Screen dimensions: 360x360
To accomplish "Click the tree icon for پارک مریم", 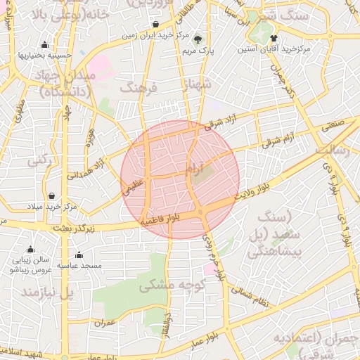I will pyautogui.click(x=198, y=39).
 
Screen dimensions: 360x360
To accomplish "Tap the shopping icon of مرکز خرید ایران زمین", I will pyautogui.click(x=155, y=24).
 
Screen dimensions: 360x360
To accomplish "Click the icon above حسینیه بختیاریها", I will pyautogui.click(x=45, y=44).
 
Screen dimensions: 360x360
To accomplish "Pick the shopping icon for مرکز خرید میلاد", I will pyautogui.click(x=51, y=195).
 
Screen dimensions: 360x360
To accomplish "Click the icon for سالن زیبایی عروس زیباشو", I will pyautogui.click(x=30, y=250).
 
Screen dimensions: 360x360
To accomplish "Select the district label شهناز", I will pyautogui.click(x=197, y=86).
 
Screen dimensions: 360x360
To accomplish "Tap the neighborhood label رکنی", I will pyautogui.click(x=39, y=160).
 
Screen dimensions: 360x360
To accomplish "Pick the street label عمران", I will pyautogui.click(x=103, y=323).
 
